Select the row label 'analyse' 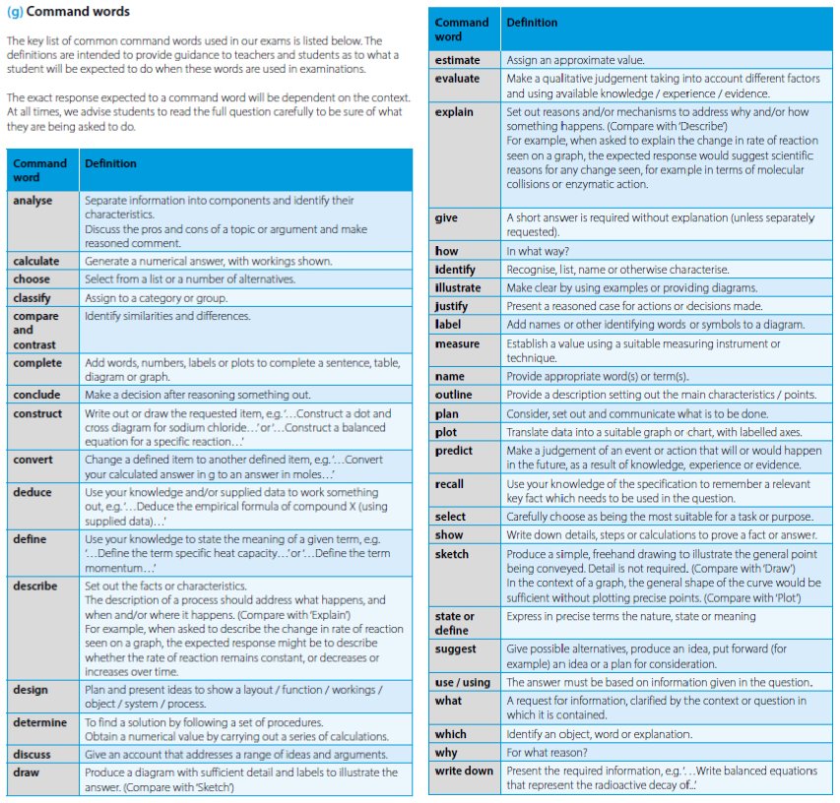[32, 200]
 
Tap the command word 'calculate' [36, 261]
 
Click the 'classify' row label [32, 297]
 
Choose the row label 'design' [31, 690]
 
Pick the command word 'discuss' [32, 755]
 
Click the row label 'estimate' [458, 60]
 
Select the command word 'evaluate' [459, 78]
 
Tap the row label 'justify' [453, 306]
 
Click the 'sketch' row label [452, 554]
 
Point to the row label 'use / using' [462, 682]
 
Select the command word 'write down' [464, 771]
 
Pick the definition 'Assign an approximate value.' [575, 60]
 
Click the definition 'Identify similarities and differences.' [167, 316]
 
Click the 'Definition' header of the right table [532, 22]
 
